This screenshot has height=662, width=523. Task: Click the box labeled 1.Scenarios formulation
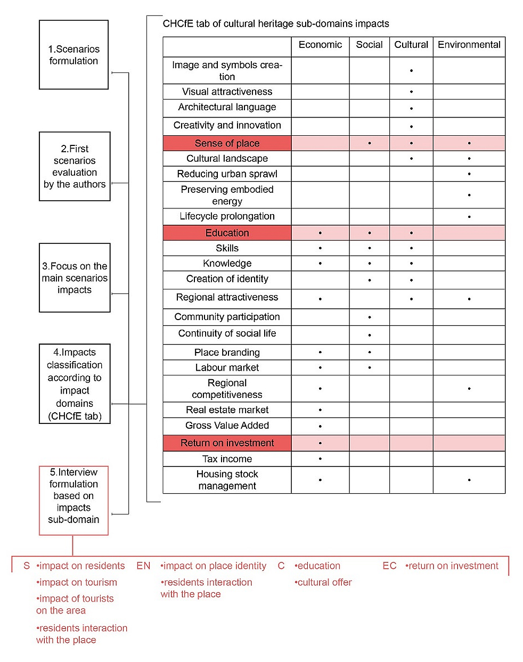pos(73,55)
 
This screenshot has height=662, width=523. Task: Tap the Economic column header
pos(320,45)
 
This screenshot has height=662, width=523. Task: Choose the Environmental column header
pos(469,45)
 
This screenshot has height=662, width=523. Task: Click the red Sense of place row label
pos(227,143)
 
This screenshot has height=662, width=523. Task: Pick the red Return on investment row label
pos(227,443)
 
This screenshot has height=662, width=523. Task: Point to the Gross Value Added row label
pos(227,426)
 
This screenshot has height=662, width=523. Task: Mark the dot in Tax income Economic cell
pos(320,459)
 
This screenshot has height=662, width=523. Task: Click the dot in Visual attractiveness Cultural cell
pos(411,92)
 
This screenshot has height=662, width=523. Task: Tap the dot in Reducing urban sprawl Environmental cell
pos(469,174)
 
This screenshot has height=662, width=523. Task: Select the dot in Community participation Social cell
pos(370,317)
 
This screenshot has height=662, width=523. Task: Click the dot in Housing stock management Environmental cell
pos(469,480)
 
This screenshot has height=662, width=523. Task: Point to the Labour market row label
pos(227,367)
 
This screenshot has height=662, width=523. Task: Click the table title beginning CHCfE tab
pos(276,24)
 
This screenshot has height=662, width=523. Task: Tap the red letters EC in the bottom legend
pos(389,566)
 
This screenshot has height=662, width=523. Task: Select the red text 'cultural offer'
pos(324,583)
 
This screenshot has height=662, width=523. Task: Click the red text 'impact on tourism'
pos(77,583)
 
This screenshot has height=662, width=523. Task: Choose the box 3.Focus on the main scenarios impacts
pos(75,278)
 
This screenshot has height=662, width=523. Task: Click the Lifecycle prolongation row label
pos(227,216)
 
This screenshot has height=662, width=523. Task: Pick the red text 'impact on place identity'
pos(214,566)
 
